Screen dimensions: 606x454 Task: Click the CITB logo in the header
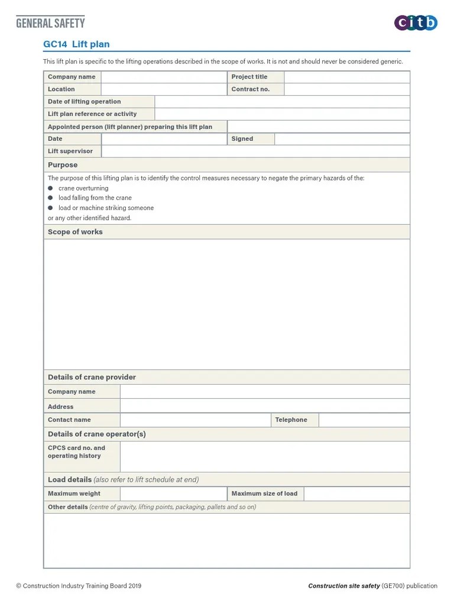416,23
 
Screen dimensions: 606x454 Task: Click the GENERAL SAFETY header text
50,23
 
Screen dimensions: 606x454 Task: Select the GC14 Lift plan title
76,44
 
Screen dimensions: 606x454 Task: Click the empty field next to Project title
346,77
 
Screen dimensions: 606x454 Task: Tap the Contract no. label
250,89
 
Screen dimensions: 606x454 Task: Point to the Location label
61,89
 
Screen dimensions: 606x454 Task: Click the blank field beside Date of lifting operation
282,102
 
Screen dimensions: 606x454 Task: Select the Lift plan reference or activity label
92,114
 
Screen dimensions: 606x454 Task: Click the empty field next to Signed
342,139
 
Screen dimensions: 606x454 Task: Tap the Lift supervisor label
70,151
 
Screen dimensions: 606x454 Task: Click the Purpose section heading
63,165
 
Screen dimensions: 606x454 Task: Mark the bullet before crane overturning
51,188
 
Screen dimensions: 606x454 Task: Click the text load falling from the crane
95,198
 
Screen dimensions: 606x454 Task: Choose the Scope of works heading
75,232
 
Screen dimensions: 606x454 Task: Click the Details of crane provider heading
92,377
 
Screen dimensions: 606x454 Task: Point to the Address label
61,407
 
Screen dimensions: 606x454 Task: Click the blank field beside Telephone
364,420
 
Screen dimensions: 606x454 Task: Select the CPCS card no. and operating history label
76,452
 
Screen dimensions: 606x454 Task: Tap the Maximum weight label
74,494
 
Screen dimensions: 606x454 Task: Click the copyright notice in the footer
79,586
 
